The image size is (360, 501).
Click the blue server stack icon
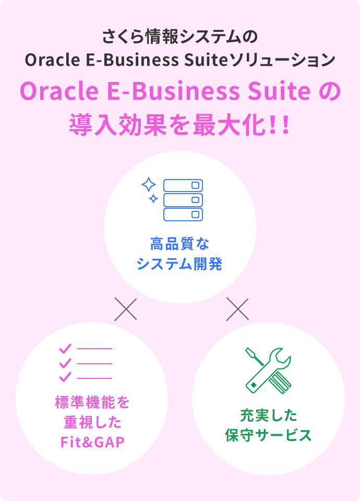pos(183,200)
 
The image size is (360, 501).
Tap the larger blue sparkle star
pos(149,184)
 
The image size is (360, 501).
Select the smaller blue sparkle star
pos(153,198)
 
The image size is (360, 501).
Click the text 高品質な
pos(180,244)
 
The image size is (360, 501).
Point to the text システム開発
pos(179,264)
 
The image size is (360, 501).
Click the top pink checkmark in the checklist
pos(65,348)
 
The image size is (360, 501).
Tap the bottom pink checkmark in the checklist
pos(65,377)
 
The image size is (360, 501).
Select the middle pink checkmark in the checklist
pos(65,363)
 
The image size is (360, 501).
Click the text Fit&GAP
pos(92,442)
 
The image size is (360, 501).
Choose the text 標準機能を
pos(92,402)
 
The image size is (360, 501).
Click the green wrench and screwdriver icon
pos(268,371)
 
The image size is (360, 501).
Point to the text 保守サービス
pos(268,435)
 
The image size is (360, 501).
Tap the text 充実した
pos(269,415)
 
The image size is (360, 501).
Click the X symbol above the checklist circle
pos(126,309)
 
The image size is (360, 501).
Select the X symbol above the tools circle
pos(237,309)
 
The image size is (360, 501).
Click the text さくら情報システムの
pos(180,37)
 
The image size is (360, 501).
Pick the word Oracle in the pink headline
pos(59,91)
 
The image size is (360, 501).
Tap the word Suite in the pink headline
pos(279,91)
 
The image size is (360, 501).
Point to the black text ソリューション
pos(282,60)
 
